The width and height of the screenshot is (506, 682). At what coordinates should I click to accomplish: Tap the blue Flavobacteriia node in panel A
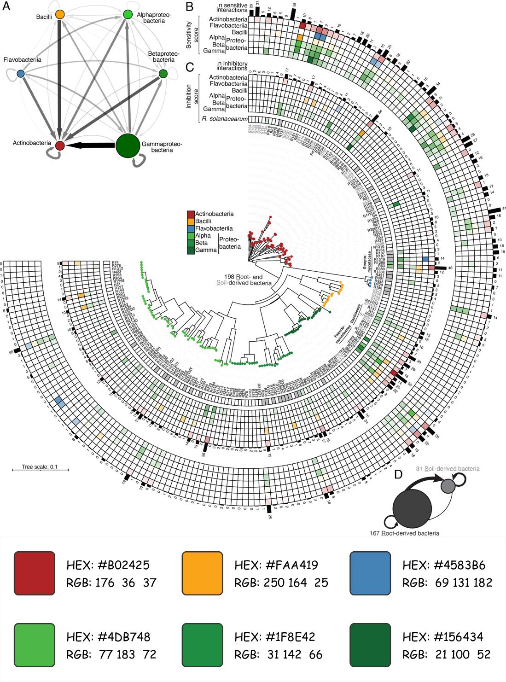click(x=20, y=74)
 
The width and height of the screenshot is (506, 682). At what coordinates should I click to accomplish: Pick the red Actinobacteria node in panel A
click(x=59, y=146)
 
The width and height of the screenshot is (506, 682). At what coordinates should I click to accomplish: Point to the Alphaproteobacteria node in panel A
click(x=128, y=15)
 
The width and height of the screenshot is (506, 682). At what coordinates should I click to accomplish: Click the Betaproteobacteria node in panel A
click(x=163, y=74)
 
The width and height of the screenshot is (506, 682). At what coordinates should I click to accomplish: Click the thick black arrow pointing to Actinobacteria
click(x=90, y=145)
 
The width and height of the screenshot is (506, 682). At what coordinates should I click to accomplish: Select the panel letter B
click(x=189, y=6)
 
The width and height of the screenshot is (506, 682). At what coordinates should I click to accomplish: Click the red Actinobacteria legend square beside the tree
click(x=191, y=214)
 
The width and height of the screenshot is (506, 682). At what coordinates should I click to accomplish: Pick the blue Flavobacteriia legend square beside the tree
click(x=191, y=228)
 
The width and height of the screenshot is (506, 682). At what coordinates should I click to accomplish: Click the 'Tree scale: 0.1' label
click(x=40, y=466)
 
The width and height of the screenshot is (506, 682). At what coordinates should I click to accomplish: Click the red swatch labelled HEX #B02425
click(x=35, y=572)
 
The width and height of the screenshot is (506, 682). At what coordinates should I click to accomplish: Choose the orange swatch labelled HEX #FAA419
click(x=203, y=572)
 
